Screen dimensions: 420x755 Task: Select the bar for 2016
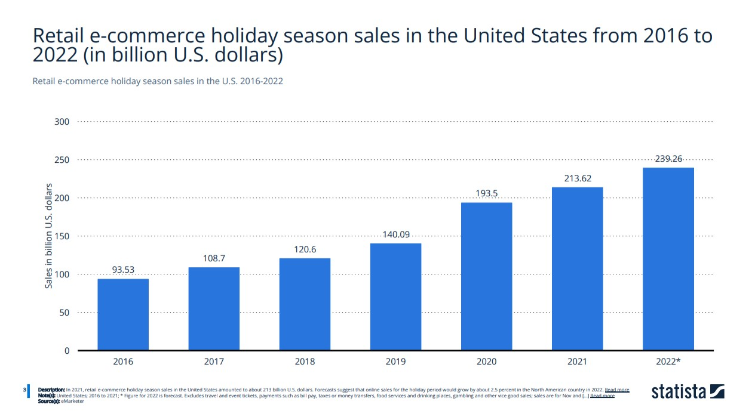(x=123, y=314)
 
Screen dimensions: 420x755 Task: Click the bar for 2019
(x=395, y=297)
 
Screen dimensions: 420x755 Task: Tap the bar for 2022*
(x=668, y=258)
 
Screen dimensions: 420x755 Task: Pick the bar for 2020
(x=486, y=276)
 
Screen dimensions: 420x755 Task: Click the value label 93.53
(x=123, y=270)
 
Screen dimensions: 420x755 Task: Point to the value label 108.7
(x=214, y=258)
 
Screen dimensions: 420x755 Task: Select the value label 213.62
(x=577, y=178)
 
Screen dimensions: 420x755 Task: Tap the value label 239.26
(x=668, y=159)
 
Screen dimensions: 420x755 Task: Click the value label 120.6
(x=305, y=249)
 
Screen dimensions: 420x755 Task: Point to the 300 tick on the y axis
(x=63, y=122)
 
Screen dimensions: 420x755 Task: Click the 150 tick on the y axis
(x=63, y=236)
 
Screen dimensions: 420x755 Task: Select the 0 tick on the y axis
(x=67, y=351)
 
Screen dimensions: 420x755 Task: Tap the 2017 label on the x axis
(x=214, y=362)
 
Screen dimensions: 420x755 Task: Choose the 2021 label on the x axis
(x=577, y=362)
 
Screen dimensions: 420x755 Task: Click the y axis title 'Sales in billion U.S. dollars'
(x=50, y=236)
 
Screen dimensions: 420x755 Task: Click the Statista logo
(x=688, y=392)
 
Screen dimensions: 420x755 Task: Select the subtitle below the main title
(x=158, y=81)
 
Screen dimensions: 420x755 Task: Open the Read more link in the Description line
(x=616, y=390)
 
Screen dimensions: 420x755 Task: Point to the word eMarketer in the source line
(x=73, y=402)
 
